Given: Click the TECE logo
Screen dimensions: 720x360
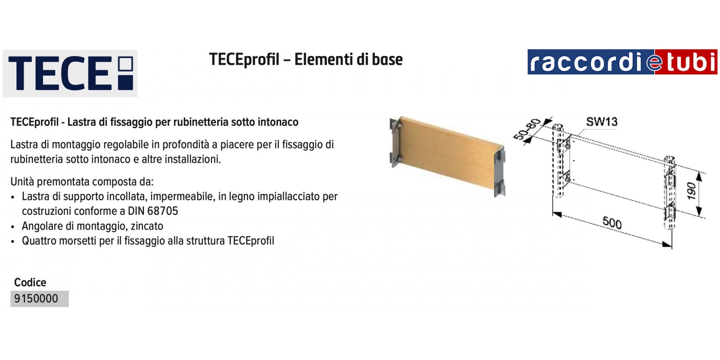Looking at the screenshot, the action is pyautogui.click(x=70, y=74).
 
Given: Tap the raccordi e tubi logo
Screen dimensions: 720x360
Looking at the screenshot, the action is pyautogui.click(x=622, y=62).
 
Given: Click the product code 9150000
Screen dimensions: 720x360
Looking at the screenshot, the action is pyautogui.click(x=36, y=299).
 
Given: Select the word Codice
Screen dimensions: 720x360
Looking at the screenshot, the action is pyautogui.click(x=30, y=282).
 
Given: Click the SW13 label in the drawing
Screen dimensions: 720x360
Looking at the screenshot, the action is pyautogui.click(x=602, y=122).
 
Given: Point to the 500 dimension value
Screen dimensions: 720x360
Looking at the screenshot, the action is pyautogui.click(x=612, y=222).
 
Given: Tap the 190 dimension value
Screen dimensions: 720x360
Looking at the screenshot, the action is pyautogui.click(x=692, y=191).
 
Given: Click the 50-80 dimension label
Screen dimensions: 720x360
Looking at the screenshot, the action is pyautogui.click(x=527, y=129).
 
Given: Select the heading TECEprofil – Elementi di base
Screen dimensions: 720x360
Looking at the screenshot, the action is pyautogui.click(x=306, y=60).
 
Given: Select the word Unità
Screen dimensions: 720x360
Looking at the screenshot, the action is pyautogui.click(x=22, y=182).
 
